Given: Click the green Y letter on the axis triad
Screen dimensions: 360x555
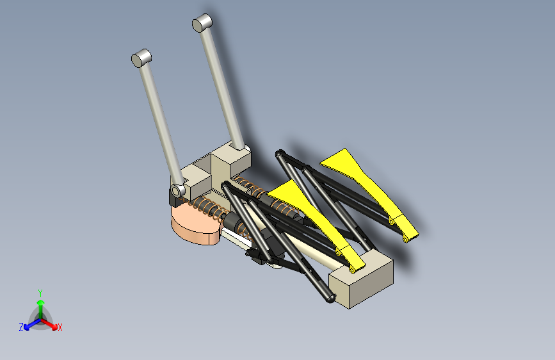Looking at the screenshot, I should click(40, 293).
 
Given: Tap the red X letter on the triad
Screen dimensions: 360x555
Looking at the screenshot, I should click(60, 327).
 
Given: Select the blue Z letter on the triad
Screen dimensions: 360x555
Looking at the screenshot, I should click(21, 327).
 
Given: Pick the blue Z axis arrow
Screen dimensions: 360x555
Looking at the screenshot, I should click(29, 323).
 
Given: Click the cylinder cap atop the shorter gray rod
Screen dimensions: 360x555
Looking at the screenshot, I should click(141, 58).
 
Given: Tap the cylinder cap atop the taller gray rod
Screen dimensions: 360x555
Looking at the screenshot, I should click(202, 23).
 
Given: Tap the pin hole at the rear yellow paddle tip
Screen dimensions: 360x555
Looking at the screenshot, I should click(406, 239).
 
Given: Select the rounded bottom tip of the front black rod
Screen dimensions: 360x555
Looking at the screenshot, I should click(330, 297).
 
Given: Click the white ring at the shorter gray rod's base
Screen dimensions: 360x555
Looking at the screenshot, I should click(177, 192).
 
